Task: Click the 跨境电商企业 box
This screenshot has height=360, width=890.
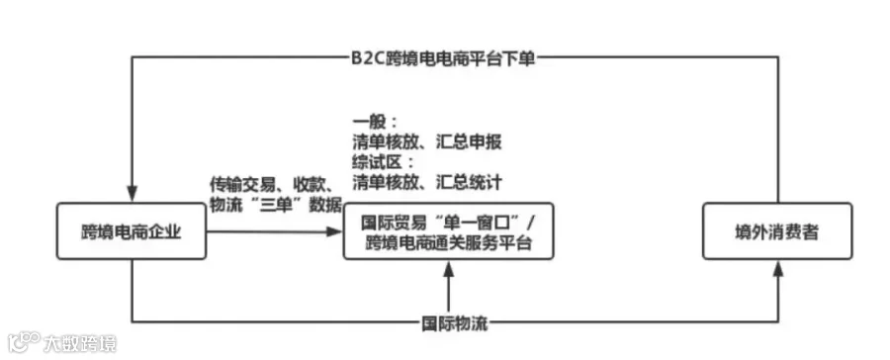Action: click(x=132, y=231)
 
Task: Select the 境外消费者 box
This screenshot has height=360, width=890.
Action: click(x=777, y=231)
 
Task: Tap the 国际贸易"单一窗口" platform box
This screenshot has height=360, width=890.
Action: click(x=448, y=231)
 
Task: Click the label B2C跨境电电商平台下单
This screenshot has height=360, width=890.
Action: click(x=443, y=58)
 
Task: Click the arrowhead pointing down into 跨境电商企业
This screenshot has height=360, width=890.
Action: click(x=132, y=195)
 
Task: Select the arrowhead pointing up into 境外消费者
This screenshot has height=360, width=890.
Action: click(x=777, y=269)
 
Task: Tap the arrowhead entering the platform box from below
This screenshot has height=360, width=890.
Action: click(x=448, y=269)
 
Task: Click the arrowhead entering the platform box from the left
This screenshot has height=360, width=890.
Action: click(x=335, y=231)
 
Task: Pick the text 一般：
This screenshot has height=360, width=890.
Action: click(x=375, y=122)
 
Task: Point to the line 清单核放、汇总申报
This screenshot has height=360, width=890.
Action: click(x=427, y=142)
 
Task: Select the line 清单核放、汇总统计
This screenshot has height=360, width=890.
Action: click(x=427, y=182)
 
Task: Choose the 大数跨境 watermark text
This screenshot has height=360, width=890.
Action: click(x=80, y=343)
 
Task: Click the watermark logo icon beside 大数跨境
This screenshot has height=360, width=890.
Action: click(x=24, y=342)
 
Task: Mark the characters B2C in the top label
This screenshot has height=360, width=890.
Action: click(x=367, y=58)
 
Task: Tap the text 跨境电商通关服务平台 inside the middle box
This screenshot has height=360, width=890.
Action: click(x=448, y=243)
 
